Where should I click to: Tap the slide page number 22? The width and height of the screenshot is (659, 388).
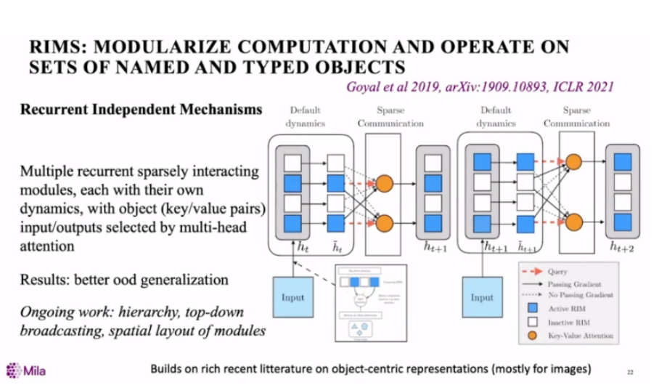(x=629, y=372)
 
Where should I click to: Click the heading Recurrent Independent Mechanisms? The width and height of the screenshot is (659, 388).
(x=141, y=110)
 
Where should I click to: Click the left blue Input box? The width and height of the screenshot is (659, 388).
(x=292, y=297)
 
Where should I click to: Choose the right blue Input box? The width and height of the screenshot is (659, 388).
(x=482, y=297)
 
